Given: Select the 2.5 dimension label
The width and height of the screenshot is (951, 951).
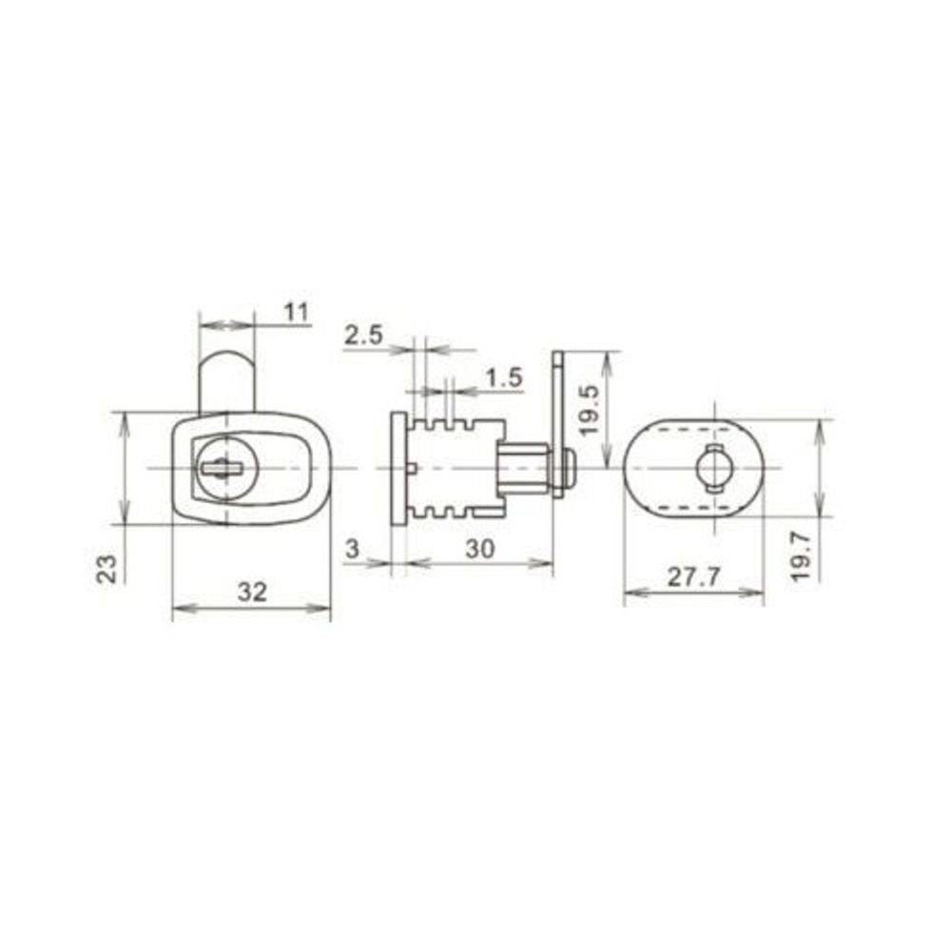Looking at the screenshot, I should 363,335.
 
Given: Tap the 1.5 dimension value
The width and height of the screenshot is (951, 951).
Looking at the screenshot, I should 503,378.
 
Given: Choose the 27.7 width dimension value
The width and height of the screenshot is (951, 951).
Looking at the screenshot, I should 693,577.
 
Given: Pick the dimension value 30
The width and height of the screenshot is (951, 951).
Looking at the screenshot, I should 479,548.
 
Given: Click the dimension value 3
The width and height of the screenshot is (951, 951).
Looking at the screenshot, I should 352,548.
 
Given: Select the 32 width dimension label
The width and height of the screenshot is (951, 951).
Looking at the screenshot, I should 251,592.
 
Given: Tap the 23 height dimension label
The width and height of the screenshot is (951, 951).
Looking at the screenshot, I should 108,569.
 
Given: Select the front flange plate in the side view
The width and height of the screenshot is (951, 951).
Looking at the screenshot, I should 398,467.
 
